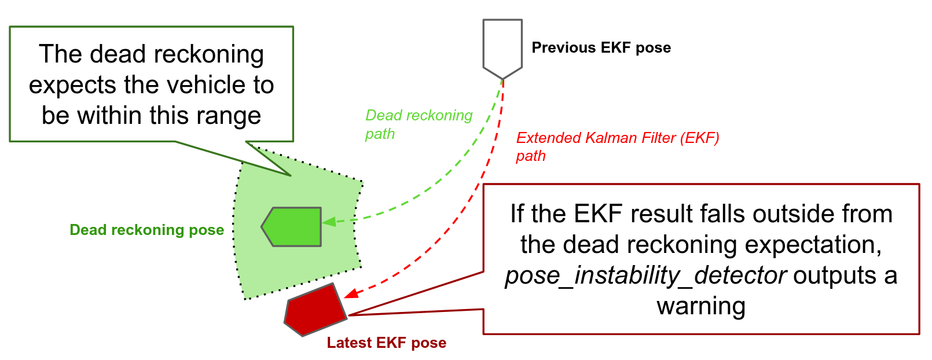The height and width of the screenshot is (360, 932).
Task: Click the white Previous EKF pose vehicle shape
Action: [x=502, y=46]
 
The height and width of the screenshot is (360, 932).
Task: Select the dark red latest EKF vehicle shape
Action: [x=314, y=310]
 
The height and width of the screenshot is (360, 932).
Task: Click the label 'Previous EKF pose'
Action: [x=601, y=47]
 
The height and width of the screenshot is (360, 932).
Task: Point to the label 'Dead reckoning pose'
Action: [x=146, y=230]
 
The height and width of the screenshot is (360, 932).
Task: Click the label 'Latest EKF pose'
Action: [x=386, y=343]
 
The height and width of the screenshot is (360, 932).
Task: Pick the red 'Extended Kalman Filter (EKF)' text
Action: [x=617, y=138]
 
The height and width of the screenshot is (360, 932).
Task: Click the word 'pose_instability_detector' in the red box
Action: [x=645, y=275]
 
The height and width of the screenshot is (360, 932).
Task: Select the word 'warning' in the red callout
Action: [x=700, y=306]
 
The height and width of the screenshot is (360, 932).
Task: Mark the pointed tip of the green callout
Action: [x=289, y=174]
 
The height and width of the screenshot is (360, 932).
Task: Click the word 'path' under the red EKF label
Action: [x=530, y=156]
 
